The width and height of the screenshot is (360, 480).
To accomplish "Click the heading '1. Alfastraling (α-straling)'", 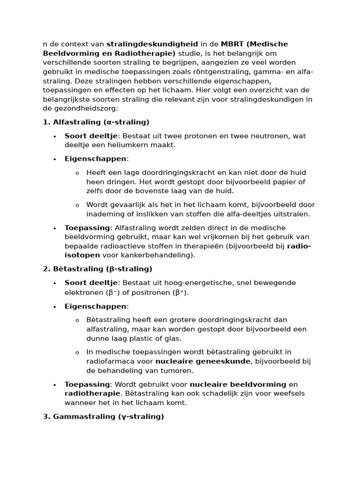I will (96, 122).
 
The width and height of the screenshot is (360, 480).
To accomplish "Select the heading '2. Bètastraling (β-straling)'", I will (97, 269).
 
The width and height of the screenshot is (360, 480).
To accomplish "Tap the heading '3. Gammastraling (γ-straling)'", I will (104, 416).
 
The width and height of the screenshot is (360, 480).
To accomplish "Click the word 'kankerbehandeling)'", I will (163, 255).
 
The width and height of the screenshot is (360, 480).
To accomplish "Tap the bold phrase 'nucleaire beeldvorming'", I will (238, 384).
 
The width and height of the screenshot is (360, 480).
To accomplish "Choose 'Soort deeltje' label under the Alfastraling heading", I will (91, 136).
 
